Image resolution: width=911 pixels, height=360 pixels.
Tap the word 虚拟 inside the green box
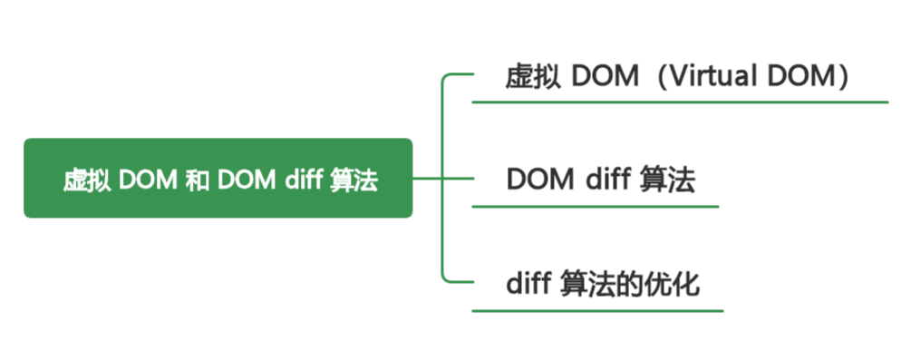[x=88, y=180]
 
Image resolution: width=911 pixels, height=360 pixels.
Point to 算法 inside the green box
[x=353, y=180]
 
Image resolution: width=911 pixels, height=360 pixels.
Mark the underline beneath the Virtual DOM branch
[x=680, y=102]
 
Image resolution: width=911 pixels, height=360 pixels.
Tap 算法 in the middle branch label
[x=667, y=180]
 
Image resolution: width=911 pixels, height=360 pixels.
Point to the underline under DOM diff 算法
[x=595, y=207]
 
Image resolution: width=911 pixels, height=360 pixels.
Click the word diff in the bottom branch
[x=526, y=284]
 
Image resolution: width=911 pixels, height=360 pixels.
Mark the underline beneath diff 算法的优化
[x=597, y=311]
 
